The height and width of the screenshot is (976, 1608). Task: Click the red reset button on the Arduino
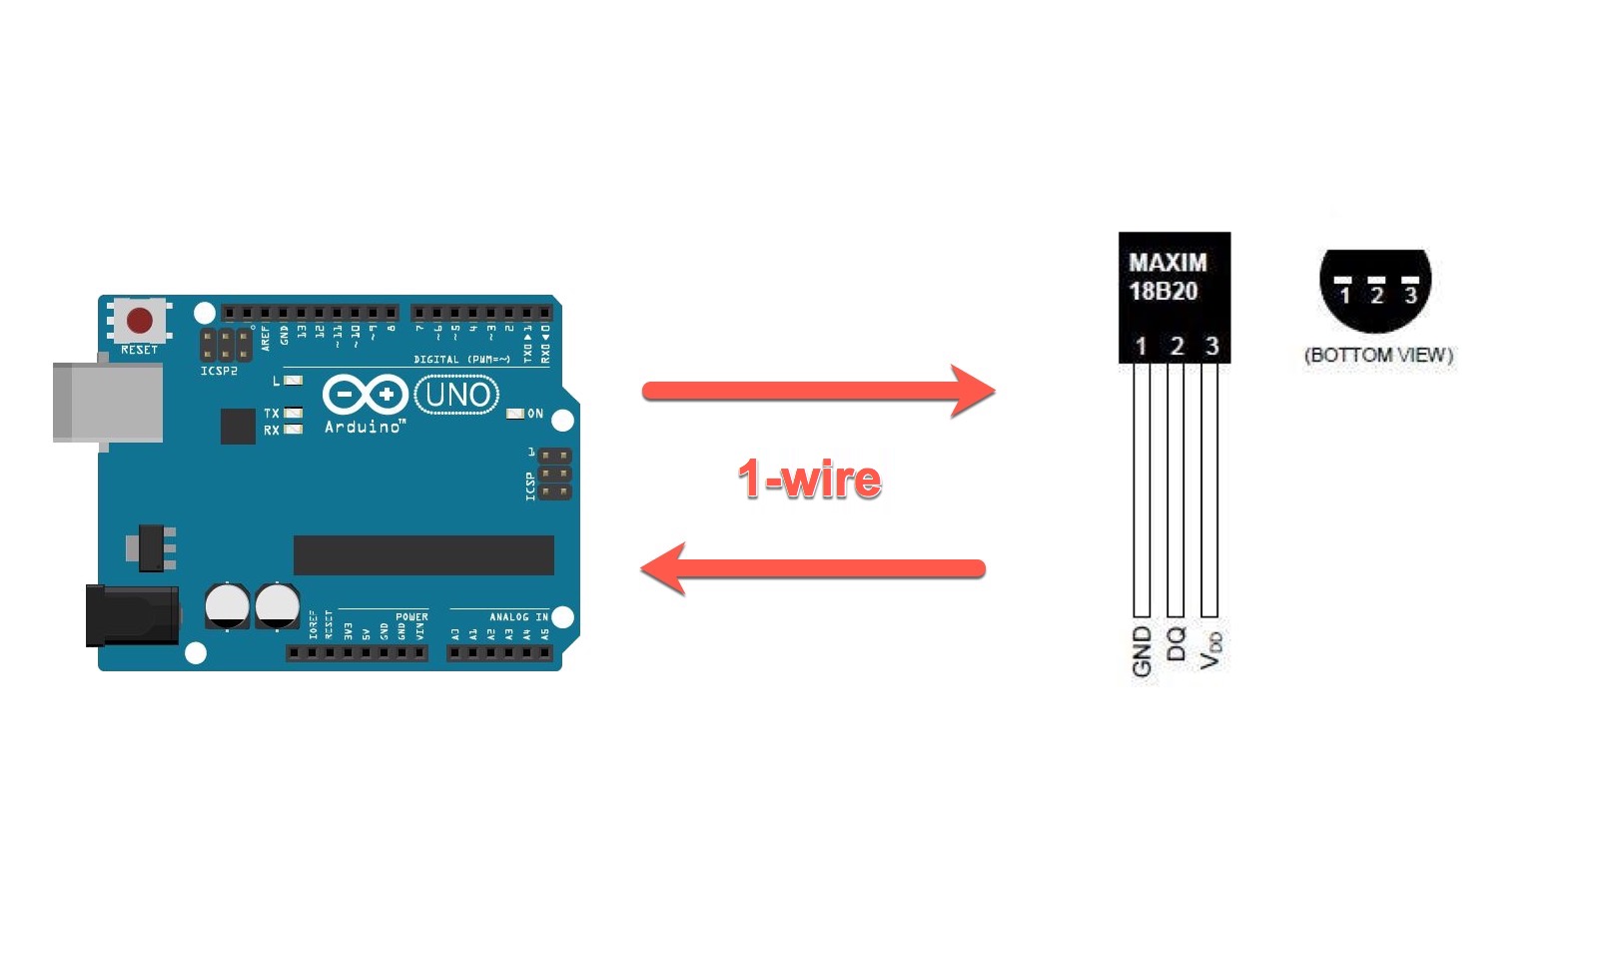(x=140, y=321)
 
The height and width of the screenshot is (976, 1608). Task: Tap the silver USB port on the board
(x=107, y=402)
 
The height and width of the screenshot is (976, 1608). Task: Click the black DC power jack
(x=132, y=614)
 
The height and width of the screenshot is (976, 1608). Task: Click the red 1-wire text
(x=809, y=480)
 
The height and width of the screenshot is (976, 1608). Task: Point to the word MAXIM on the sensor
(x=1168, y=263)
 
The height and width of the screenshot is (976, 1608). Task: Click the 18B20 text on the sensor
(x=1163, y=292)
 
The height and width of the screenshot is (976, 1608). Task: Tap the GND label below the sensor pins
(x=1142, y=652)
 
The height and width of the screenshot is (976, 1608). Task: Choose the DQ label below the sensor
(x=1176, y=643)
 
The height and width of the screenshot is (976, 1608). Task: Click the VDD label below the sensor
(x=1210, y=649)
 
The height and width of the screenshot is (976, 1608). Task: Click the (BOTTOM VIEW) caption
(x=1378, y=356)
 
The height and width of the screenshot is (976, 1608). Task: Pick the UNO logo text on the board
(x=457, y=395)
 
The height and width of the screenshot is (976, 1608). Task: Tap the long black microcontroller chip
(x=423, y=555)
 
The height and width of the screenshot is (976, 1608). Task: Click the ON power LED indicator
(x=515, y=414)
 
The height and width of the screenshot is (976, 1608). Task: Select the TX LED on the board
(x=293, y=413)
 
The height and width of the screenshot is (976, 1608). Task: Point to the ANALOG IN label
(x=518, y=617)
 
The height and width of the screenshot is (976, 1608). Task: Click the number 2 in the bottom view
(x=1377, y=296)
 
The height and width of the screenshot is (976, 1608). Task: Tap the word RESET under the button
(x=139, y=350)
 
